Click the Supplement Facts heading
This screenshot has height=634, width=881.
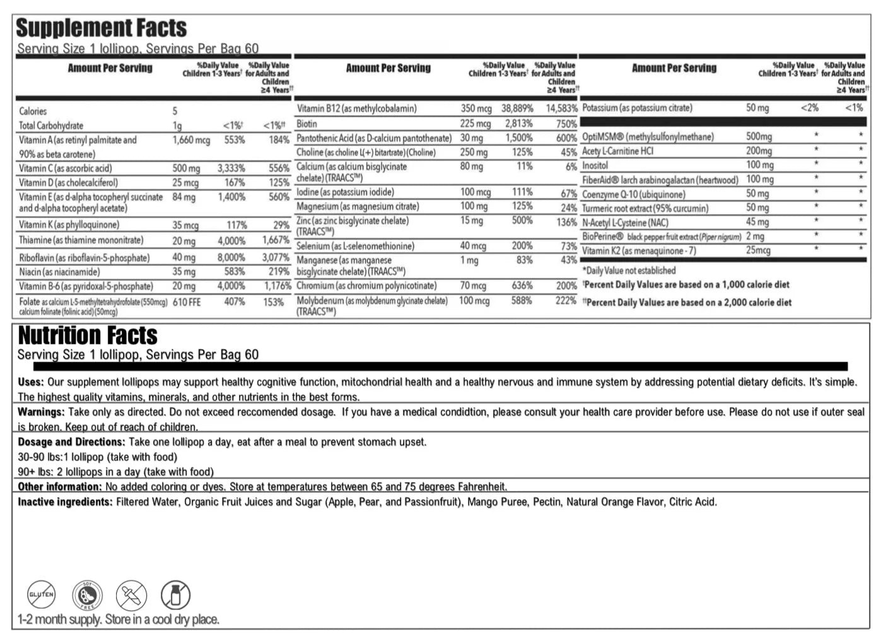coord(101,28)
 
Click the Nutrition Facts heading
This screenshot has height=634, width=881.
coord(88,335)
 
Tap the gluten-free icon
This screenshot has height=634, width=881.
coord(42,594)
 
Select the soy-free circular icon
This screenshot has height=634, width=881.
coord(87,594)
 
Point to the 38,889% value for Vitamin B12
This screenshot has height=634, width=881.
coord(517,109)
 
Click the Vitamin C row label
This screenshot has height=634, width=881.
coord(65,168)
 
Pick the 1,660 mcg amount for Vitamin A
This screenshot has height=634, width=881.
coord(191,140)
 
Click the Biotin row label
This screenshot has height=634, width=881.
coord(307,124)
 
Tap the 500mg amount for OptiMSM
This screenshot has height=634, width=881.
coord(759,137)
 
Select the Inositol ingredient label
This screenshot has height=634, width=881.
coord(595,165)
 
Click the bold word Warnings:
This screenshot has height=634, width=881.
coord(41,412)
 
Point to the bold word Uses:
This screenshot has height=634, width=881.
coord(30,382)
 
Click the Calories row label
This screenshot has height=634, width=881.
coord(33,111)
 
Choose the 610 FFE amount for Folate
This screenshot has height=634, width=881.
coord(187,302)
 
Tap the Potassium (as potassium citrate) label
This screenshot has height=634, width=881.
coord(637,108)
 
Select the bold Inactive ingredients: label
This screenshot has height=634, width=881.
coord(65,502)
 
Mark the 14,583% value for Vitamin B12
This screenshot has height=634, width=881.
coord(561,109)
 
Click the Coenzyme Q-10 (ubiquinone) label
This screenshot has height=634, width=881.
coord(633,194)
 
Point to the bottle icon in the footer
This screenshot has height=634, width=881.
coord(175,594)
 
